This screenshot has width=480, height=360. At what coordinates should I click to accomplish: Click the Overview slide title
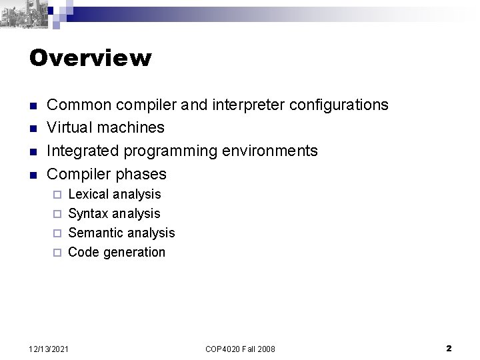click(x=90, y=59)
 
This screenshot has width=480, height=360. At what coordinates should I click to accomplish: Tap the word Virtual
click(x=69, y=127)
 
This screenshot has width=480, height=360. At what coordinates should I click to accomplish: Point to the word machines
click(x=130, y=127)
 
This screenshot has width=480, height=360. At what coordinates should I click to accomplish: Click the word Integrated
click(x=83, y=151)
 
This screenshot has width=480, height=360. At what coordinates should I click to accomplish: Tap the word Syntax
click(x=88, y=213)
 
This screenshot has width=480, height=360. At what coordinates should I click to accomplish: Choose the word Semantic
click(x=95, y=233)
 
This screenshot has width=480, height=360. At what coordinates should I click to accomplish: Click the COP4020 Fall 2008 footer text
click(x=240, y=349)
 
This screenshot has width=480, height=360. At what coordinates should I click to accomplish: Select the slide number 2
click(x=449, y=348)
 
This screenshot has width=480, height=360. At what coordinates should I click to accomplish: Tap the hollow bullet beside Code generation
click(x=57, y=253)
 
